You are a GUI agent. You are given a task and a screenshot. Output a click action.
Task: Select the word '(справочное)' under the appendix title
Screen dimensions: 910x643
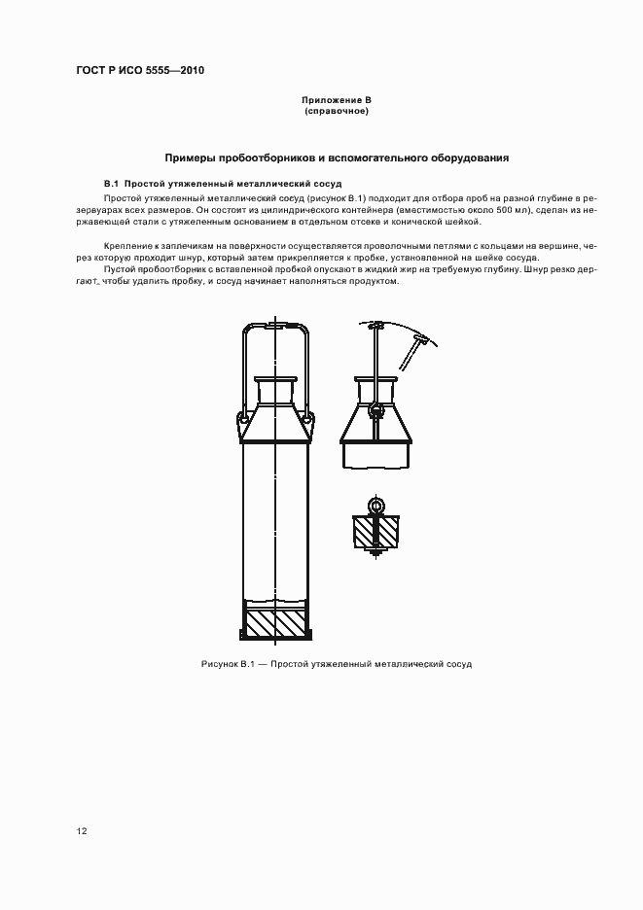337,111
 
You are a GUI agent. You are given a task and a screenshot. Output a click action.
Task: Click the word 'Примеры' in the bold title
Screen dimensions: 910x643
191,157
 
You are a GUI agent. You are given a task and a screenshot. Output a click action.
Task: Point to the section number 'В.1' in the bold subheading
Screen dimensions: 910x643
111,183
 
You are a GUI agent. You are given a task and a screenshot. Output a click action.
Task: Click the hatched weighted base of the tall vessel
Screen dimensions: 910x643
276,623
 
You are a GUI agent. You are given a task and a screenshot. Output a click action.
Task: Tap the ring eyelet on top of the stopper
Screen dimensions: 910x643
375,506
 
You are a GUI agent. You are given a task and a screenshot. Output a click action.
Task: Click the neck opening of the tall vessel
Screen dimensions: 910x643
276,380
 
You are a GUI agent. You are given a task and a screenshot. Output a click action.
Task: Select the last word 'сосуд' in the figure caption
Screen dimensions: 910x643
456,663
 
